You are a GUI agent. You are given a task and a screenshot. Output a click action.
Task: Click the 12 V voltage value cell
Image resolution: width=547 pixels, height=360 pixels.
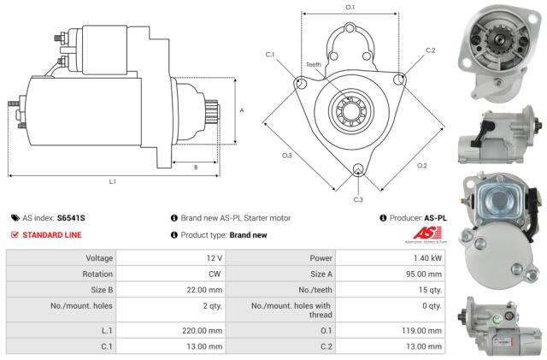coord(213,257)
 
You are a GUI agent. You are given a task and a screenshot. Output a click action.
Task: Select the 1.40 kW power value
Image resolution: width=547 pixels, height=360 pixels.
coord(426,257)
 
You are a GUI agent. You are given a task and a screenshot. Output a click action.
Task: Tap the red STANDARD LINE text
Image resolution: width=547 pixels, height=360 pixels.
coord(52,234)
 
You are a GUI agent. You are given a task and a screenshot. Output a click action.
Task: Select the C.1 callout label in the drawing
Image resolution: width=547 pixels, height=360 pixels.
coord(270,55)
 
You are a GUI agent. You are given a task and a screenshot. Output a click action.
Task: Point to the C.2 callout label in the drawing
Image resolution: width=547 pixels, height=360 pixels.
coord(430,50)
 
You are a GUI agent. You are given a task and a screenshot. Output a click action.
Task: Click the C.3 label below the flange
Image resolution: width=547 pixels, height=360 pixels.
coord(357,199)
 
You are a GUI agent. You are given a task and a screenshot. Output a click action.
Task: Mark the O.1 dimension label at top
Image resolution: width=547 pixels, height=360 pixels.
coord(350,8)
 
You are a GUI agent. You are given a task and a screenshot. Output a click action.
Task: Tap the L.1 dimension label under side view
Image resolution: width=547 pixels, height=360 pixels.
coord(112,181)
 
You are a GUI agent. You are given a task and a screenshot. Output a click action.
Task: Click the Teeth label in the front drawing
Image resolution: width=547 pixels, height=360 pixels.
coord(315,65)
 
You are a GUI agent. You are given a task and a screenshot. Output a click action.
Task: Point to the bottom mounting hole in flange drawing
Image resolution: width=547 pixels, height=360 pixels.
coord(358,168)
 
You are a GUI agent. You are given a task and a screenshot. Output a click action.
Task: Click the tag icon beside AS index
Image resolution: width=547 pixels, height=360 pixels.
coord(15,218)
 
